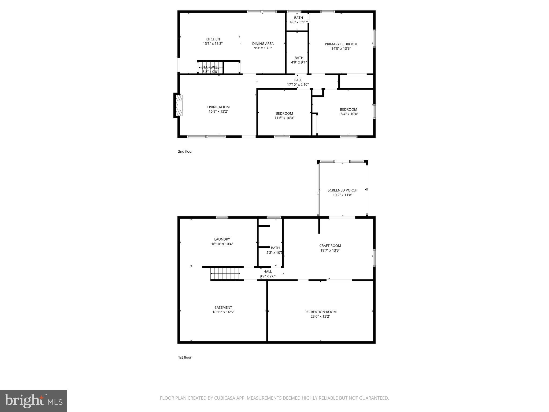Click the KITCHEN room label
click(x=213, y=39)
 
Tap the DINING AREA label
click(x=263, y=44)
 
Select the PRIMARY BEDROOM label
click(x=341, y=44)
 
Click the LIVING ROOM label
click(x=218, y=107)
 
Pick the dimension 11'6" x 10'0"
click(x=284, y=118)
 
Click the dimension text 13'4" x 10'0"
click(x=348, y=114)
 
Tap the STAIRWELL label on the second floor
click(x=210, y=67)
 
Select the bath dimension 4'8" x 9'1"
click(x=299, y=62)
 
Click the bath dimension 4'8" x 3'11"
click(x=298, y=22)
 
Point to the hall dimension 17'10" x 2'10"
click(x=298, y=84)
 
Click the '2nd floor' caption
click(x=185, y=152)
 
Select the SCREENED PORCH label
click(x=342, y=190)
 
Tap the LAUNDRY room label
click(x=222, y=239)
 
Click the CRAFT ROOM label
click(x=330, y=246)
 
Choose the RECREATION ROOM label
click(x=320, y=312)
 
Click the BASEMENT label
click(x=223, y=307)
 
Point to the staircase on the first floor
click(x=225, y=274)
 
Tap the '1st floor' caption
click(x=185, y=357)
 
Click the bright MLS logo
click(x=34, y=401)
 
